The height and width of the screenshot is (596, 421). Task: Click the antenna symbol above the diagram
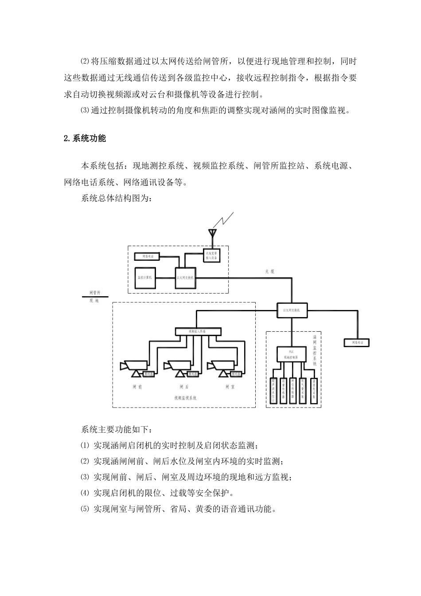pos(213,233)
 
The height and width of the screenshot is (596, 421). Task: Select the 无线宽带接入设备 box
pos(212,255)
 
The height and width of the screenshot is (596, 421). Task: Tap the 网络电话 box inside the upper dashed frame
pos(147,256)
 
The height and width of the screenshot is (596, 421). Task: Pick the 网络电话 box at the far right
pos(357,342)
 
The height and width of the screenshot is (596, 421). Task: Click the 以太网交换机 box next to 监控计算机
pos(185,278)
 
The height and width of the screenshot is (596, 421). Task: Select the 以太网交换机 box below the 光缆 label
pos(292,310)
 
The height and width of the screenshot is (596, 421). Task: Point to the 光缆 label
pos(269,271)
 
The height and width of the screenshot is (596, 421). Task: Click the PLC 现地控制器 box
pos(291,353)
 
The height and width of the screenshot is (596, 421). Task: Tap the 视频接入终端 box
pos(197,331)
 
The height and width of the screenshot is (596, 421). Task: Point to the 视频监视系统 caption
pos(185,398)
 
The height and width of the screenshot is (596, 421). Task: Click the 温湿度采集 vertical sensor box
pos(313,390)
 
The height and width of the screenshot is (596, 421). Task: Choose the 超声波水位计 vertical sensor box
pos(273,390)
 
